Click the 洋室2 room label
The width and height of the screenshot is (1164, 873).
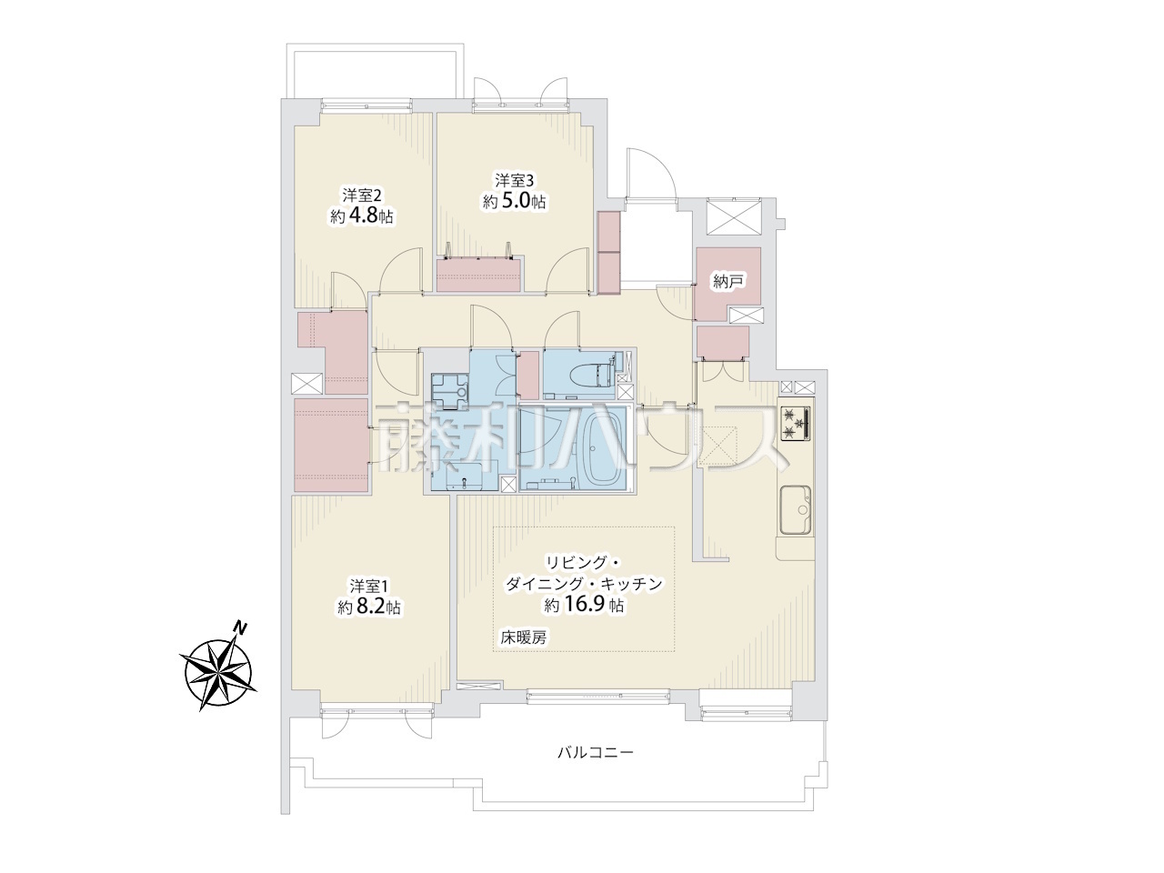coord(362,196)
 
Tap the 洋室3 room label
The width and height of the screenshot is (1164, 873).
coord(515,181)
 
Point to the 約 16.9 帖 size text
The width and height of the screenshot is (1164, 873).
coord(584,604)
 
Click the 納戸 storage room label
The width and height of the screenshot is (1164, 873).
coord(727,282)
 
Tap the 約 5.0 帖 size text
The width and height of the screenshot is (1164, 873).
coord(515,202)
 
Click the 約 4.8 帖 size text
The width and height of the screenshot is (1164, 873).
coord(362,216)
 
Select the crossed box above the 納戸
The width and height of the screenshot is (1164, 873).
coord(735,216)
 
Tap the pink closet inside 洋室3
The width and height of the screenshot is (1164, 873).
coord(478,275)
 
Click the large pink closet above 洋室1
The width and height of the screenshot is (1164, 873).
coord(331,445)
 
